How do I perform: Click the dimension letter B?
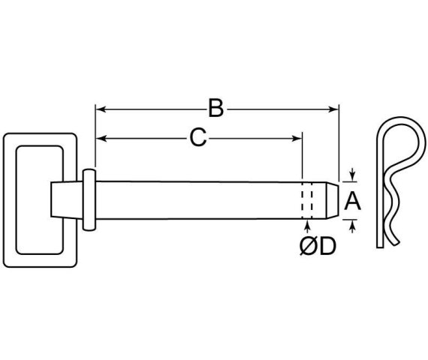[x=216, y=109]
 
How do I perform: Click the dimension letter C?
[x=198, y=137]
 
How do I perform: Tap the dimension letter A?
[x=352, y=201]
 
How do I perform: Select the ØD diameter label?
[x=318, y=246]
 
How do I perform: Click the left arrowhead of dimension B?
[x=101, y=109]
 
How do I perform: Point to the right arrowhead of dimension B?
[x=333, y=109]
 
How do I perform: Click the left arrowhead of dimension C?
[x=101, y=138]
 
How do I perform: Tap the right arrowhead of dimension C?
[x=297, y=138]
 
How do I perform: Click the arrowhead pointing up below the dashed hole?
[x=308, y=225]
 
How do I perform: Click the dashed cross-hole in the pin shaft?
[x=307, y=200]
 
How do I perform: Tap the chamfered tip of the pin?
[x=333, y=200]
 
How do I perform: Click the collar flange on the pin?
[x=89, y=200]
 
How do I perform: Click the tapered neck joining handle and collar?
[x=67, y=200]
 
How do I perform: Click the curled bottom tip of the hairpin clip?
[x=395, y=241]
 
